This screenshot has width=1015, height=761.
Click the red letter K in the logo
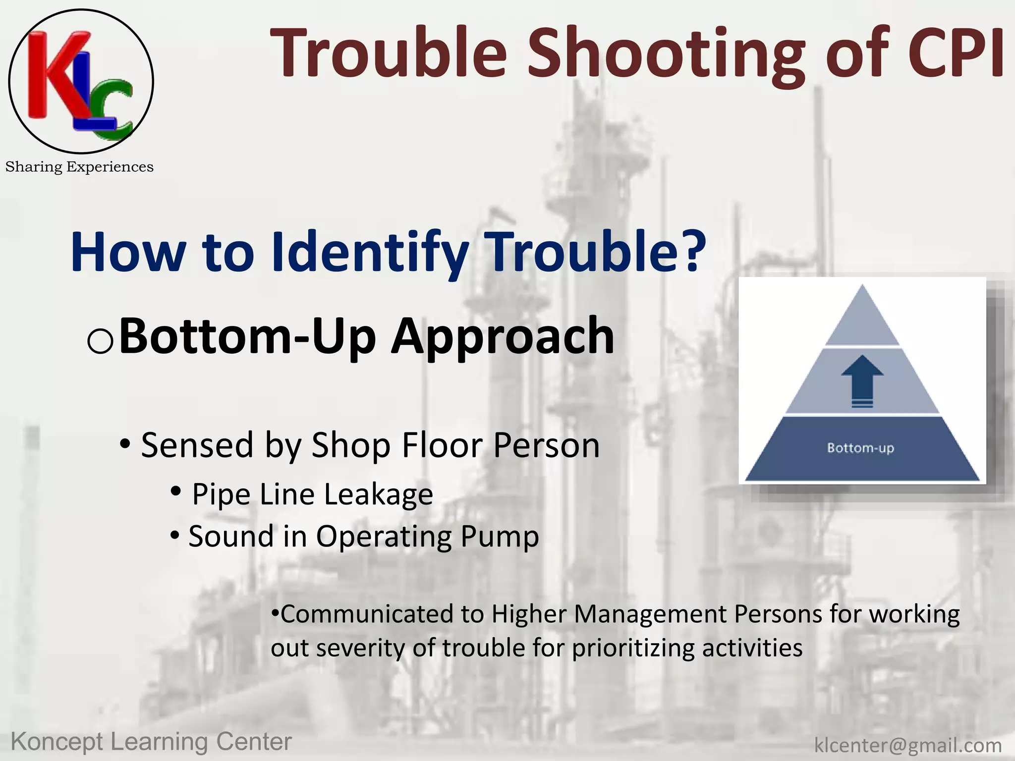55,74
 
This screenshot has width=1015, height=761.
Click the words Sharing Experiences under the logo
79,167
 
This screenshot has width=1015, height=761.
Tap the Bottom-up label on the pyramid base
860,448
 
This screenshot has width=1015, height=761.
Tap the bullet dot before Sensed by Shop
125,444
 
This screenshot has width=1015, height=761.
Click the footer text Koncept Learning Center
151,742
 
